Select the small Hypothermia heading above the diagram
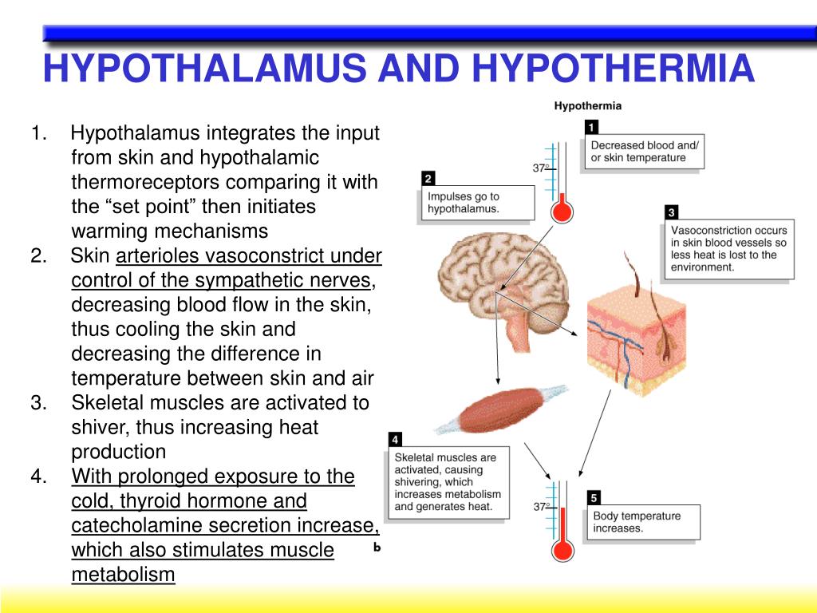click(588, 105)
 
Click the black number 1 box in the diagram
click(591, 127)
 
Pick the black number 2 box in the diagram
click(428, 178)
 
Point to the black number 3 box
click(672, 212)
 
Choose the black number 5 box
click(594, 498)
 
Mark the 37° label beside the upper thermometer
click(541, 168)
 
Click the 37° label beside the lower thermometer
click(543, 506)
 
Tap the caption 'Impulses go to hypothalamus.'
click(464, 203)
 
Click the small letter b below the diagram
click(377, 548)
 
